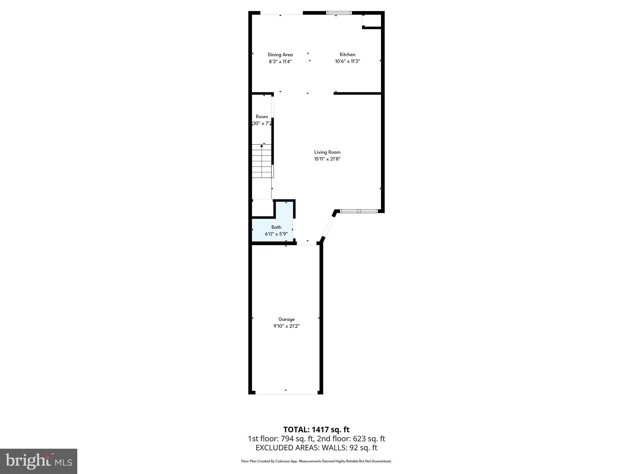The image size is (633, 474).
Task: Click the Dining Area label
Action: point(280,55)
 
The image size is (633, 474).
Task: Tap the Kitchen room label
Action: point(347,54)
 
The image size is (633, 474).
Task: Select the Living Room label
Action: point(327,152)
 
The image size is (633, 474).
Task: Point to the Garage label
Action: point(286,319)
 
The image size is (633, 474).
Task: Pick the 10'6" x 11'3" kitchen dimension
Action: point(347,61)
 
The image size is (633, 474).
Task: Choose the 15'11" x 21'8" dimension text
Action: point(327,159)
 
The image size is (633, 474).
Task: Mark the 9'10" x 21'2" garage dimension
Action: point(286,326)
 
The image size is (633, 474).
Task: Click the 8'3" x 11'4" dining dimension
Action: point(280,61)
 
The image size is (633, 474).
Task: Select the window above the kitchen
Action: point(339,13)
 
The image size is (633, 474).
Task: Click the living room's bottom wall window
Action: point(359,211)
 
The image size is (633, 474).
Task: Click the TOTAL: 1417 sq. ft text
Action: point(316,430)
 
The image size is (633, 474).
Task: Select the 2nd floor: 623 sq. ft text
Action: point(351,439)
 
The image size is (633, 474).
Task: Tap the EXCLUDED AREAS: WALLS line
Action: point(316,447)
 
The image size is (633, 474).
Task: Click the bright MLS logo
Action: point(39,461)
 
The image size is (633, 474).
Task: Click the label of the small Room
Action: point(261,117)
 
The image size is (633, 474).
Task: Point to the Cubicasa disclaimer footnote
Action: point(316,461)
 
